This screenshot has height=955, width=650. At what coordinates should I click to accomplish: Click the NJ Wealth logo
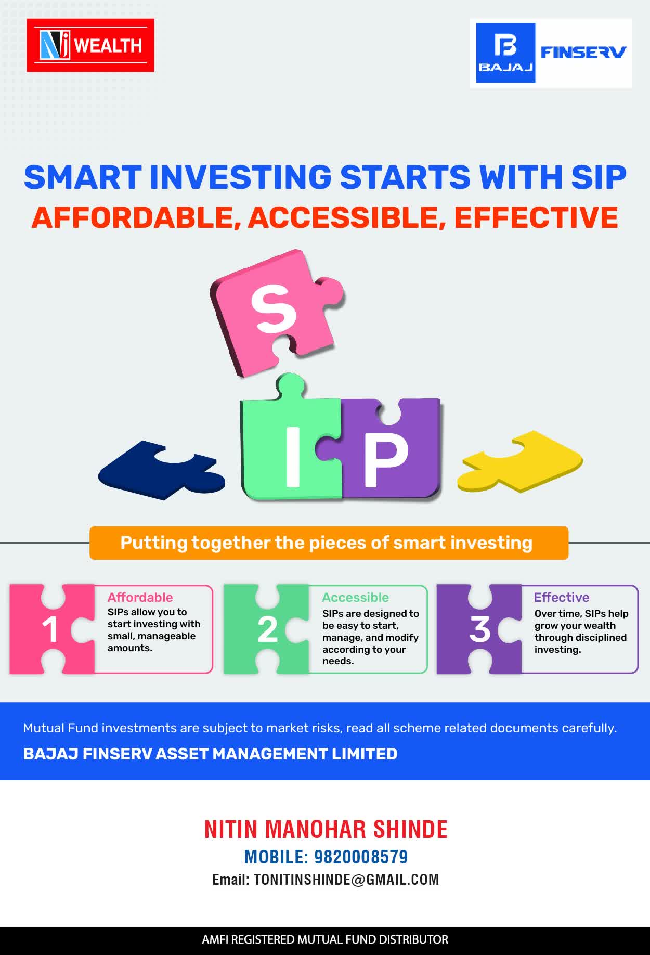(x=90, y=45)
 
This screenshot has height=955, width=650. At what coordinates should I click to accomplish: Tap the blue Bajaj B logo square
(x=506, y=53)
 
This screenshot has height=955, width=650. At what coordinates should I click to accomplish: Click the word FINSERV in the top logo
(x=583, y=52)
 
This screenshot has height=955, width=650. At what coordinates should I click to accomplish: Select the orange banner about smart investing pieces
(x=329, y=543)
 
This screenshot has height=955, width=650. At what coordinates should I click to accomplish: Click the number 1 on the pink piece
(x=50, y=629)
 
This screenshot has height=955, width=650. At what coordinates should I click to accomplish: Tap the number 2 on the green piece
(x=267, y=629)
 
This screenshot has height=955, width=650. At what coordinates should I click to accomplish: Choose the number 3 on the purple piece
(x=479, y=629)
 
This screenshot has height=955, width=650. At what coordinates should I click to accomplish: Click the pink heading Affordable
(x=140, y=597)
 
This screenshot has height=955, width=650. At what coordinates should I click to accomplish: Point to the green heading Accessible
(x=355, y=597)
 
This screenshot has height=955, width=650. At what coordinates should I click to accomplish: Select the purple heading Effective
(x=562, y=597)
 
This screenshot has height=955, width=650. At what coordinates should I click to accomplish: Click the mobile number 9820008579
(x=361, y=857)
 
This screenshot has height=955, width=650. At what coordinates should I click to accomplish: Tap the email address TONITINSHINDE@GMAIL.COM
(x=346, y=880)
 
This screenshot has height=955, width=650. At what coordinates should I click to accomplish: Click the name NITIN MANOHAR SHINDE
(x=326, y=829)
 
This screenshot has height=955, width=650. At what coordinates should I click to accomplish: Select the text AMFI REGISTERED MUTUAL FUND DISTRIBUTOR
(x=325, y=939)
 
